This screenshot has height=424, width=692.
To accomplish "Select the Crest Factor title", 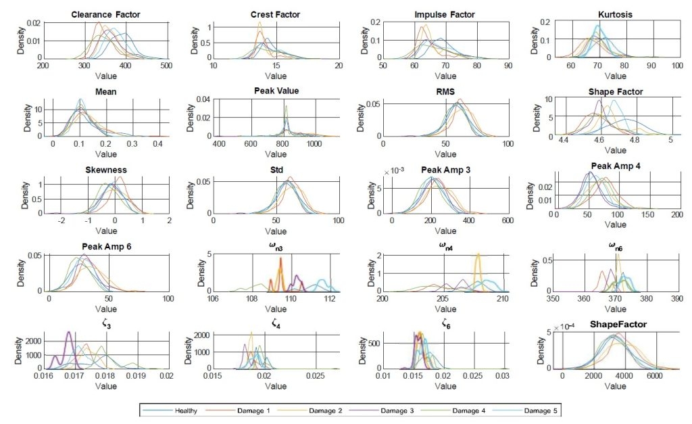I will [275, 14].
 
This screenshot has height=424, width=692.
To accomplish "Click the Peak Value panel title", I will [275, 91].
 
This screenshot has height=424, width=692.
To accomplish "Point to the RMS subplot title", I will [445, 91].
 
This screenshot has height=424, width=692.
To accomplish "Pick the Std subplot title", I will [275, 168].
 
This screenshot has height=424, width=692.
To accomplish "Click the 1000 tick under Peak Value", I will [314, 143].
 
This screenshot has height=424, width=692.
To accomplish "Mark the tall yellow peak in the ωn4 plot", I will [478, 256].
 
